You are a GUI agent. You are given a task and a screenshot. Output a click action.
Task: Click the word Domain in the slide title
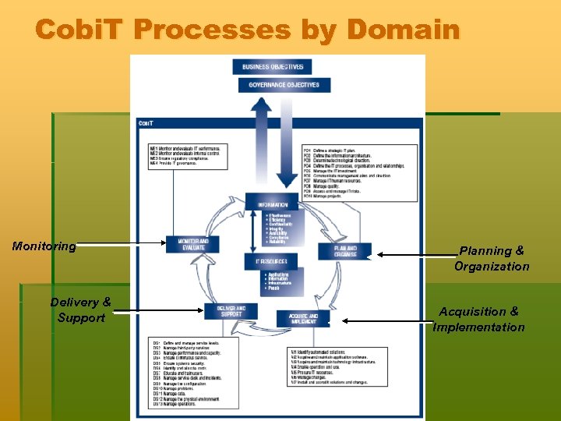[x=403, y=30]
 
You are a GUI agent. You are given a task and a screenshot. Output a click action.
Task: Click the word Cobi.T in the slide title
[x=80, y=30]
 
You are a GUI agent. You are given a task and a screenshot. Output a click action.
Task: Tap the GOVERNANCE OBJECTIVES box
[x=284, y=85]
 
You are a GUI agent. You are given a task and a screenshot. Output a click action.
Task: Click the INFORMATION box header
[x=272, y=205]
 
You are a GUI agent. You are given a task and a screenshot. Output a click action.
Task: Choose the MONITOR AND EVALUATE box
[x=192, y=244]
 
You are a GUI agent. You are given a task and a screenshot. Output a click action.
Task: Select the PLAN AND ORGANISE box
[x=345, y=250]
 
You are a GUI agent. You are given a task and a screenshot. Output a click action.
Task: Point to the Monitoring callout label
[x=44, y=246]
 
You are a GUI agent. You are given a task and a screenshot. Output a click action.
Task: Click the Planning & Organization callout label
[x=492, y=259]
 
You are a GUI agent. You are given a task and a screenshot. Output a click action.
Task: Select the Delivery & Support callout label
[x=80, y=310]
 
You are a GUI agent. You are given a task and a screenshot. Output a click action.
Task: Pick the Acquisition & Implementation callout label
[x=479, y=319]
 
